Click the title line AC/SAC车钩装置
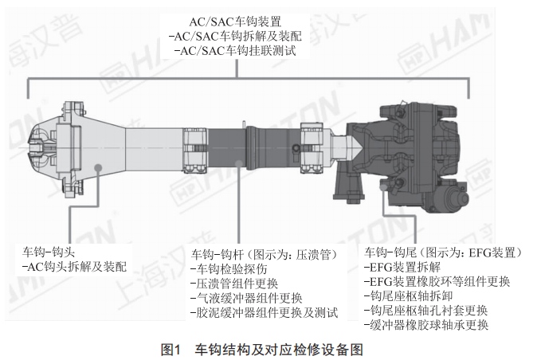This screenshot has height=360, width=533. (235, 22)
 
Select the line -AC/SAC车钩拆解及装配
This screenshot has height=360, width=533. (235, 36)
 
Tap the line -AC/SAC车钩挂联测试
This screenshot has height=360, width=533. (235, 51)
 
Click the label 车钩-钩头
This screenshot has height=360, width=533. (49, 252)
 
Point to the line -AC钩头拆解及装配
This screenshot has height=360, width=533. (74, 267)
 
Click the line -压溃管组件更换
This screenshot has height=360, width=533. (234, 284)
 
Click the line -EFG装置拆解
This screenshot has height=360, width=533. (402, 267)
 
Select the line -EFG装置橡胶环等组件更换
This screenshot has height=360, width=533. (437, 281)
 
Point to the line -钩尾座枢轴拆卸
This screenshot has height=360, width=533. (408, 296)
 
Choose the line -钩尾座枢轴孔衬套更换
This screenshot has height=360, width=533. (426, 311)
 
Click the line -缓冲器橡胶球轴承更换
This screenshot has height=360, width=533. (426, 325)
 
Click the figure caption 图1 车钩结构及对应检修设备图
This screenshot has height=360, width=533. (262, 350)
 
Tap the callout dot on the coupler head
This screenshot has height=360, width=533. (99, 167)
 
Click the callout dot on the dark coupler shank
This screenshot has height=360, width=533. (239, 164)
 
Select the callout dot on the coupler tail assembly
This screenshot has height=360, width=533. (383, 187)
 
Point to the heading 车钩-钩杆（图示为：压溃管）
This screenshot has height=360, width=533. (264, 254)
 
